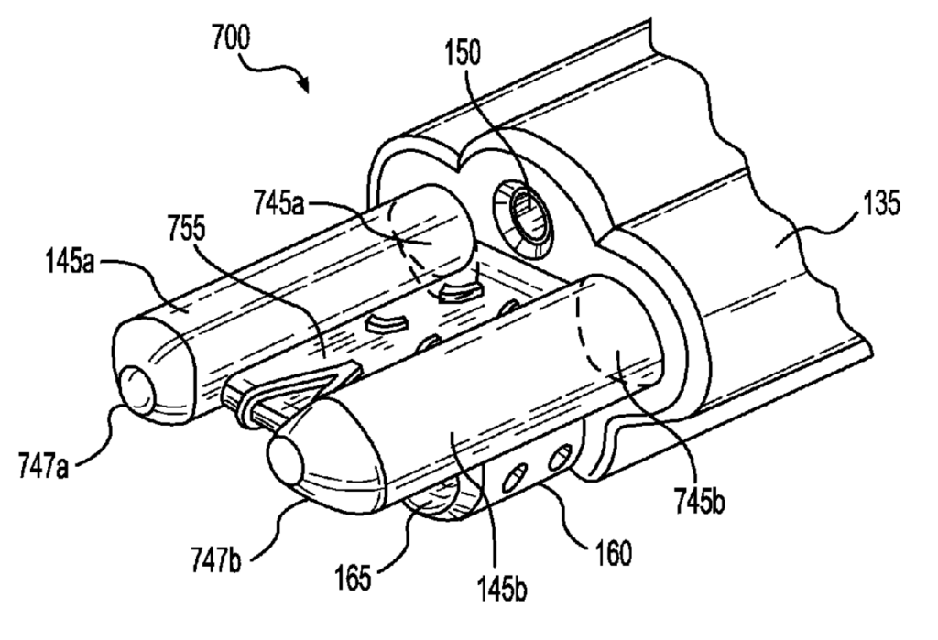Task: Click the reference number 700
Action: tap(230, 38)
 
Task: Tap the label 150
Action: tap(463, 53)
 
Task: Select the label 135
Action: tap(880, 203)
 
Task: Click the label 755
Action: tap(187, 231)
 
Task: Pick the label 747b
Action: tap(216, 560)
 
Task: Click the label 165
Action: tap(354, 579)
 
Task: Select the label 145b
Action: tap(502, 589)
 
